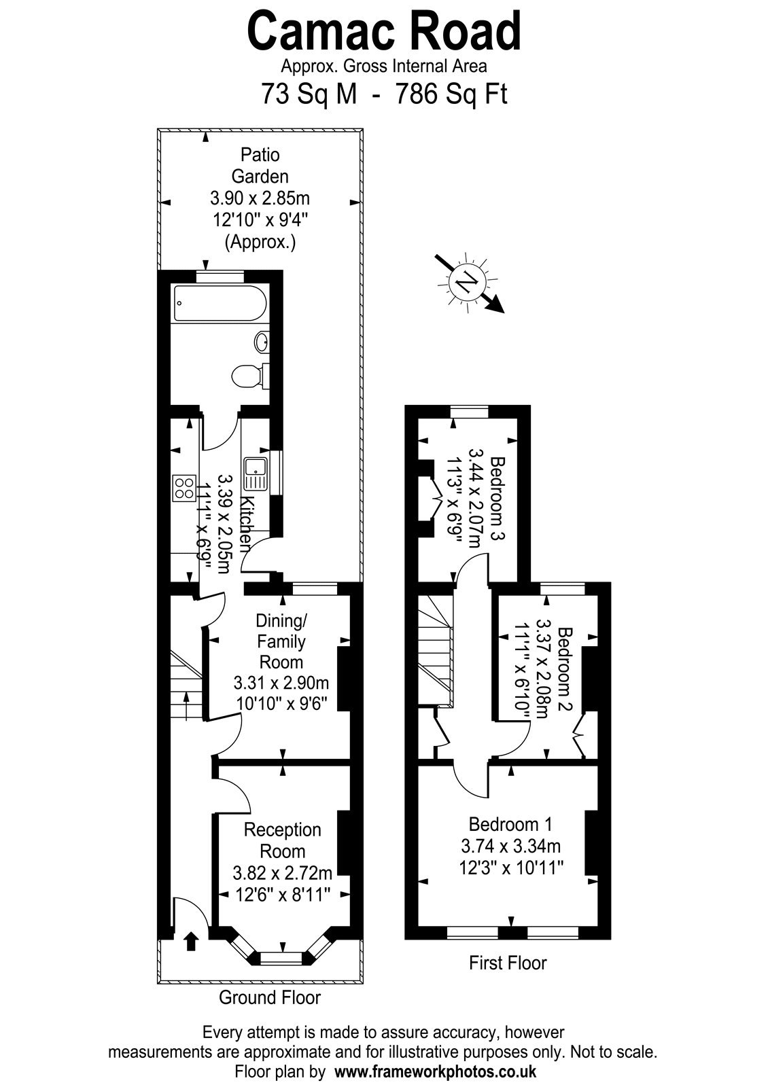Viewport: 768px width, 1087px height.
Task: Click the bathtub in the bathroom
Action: tap(220, 303)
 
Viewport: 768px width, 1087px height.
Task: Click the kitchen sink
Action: tap(256, 473)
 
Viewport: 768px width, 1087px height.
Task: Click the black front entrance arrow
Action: tap(192, 941)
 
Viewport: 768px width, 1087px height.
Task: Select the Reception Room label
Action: tap(282, 840)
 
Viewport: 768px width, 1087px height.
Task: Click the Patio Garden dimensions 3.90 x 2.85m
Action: tap(260, 198)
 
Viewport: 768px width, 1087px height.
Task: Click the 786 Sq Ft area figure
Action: tap(451, 94)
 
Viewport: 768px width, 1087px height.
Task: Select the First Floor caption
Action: tap(508, 963)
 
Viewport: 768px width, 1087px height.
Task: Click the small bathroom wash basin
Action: tap(262, 342)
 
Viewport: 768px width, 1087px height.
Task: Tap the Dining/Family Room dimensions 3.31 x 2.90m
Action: tap(281, 683)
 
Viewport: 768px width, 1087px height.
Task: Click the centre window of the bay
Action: tap(282, 957)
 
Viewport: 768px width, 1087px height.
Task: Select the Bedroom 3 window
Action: tap(469, 412)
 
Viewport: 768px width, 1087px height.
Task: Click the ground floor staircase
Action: tap(186, 684)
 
